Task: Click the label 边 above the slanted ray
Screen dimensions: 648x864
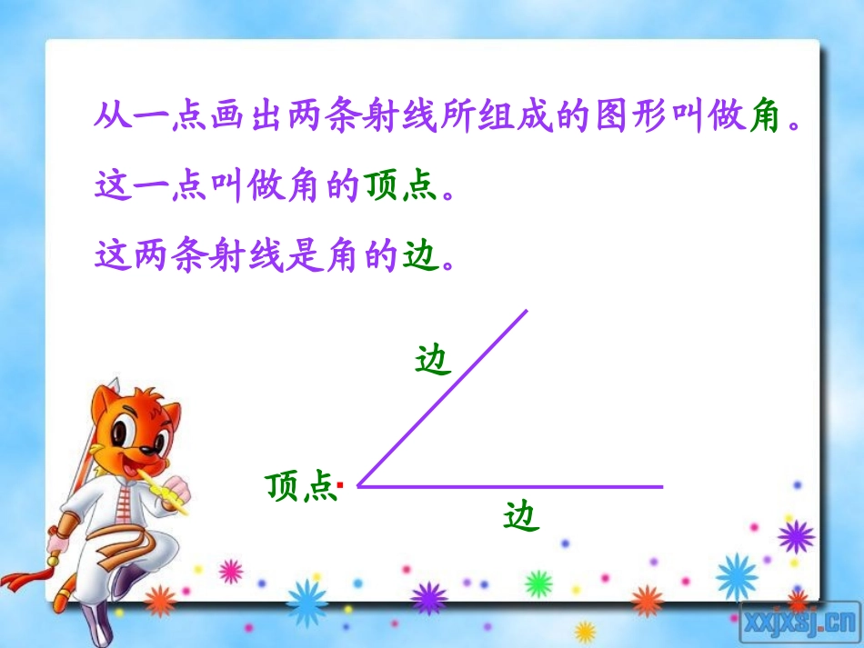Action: coord(432,360)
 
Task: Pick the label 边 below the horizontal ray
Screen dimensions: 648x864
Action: coord(521,516)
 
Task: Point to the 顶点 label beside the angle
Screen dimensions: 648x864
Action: coord(299,487)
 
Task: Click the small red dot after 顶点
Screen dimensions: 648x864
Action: coord(339,486)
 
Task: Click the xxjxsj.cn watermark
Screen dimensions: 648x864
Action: coord(801,621)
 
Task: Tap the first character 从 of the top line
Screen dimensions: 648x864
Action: coord(111,117)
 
